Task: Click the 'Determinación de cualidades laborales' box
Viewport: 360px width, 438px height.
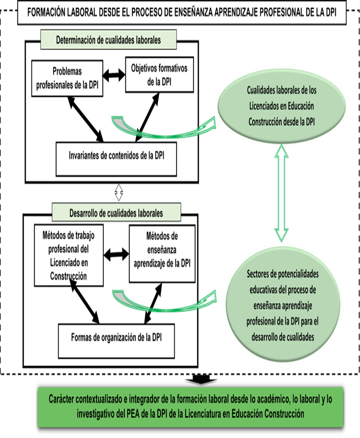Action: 108,40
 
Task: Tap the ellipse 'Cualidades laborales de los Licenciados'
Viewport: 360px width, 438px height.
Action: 281,106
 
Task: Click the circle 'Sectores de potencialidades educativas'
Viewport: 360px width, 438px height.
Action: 282,305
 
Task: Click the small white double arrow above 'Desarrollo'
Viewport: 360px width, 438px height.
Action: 118,192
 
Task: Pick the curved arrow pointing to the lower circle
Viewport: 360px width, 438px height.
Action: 164,302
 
